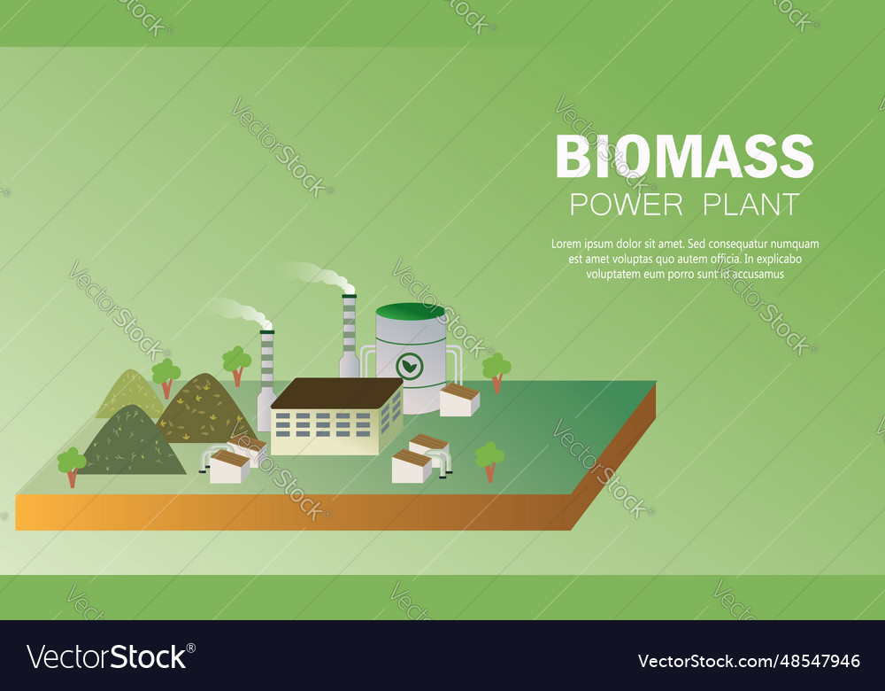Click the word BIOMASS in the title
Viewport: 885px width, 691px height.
(x=684, y=157)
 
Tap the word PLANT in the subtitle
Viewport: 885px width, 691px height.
(x=750, y=205)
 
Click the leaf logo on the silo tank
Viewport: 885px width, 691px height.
(x=410, y=364)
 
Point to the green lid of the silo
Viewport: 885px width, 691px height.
(x=411, y=311)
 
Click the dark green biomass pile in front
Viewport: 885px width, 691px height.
(x=133, y=443)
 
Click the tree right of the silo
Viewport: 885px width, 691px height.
(x=496, y=369)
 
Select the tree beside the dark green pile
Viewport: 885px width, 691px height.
(x=72, y=463)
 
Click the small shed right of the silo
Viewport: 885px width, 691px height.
(x=459, y=400)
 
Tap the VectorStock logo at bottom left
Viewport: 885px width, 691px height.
(x=107, y=657)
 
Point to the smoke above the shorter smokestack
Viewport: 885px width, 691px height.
(x=237, y=310)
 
